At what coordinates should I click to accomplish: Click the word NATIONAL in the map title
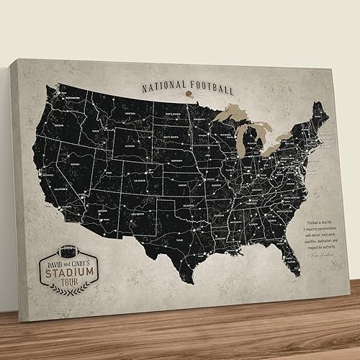pos(163,87)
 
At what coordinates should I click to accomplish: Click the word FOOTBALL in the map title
pos(208,89)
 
